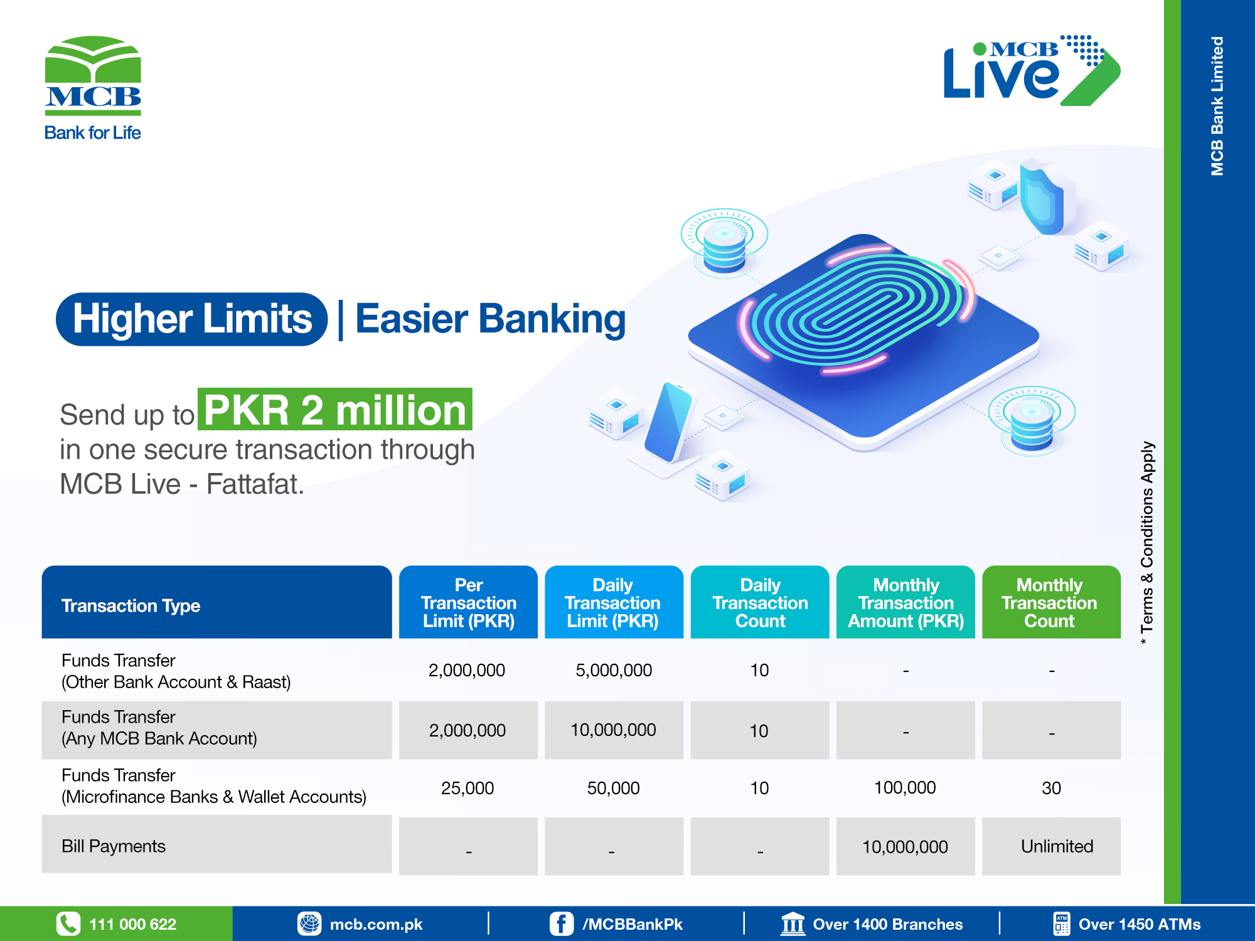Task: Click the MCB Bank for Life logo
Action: tap(93, 88)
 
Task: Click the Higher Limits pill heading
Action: tap(192, 319)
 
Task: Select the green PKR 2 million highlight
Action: tap(335, 410)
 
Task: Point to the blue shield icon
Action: tap(1042, 196)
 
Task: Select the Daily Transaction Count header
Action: tap(760, 602)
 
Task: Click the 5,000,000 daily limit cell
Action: tap(614, 670)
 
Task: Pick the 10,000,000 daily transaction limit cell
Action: tap(613, 730)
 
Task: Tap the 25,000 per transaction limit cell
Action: tap(467, 788)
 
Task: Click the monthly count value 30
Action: tap(1052, 788)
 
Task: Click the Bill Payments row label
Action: tap(114, 846)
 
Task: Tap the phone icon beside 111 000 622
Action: tap(68, 924)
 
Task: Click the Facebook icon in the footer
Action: tap(562, 924)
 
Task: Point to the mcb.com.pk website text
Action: tap(376, 925)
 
